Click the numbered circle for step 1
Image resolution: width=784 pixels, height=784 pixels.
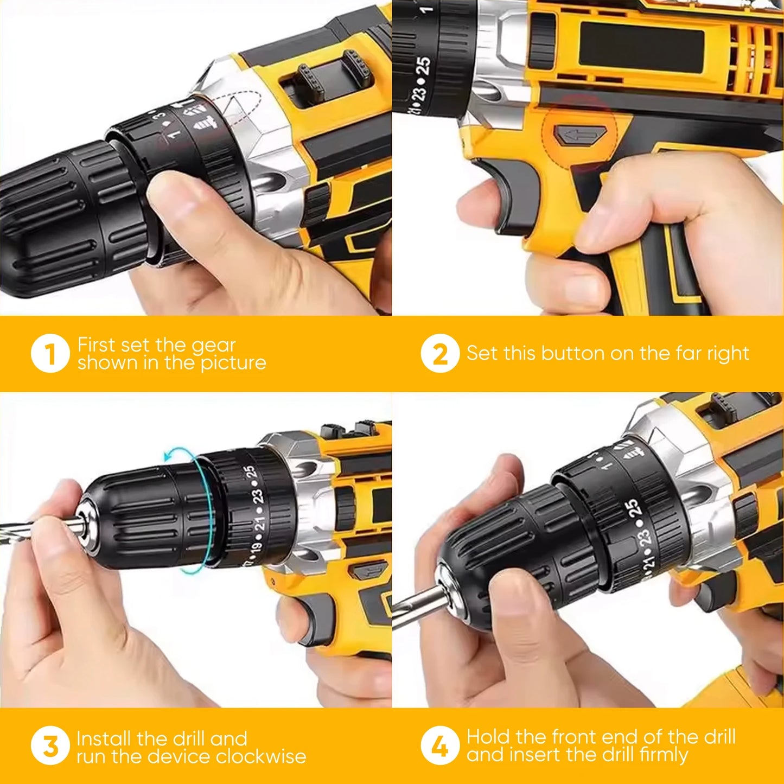pyautogui.click(x=50, y=354)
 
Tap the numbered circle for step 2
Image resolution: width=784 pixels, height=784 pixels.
pyautogui.click(x=440, y=354)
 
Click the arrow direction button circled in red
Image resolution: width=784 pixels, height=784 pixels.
pyautogui.click(x=581, y=135)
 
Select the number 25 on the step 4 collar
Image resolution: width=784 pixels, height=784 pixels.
pyautogui.click(x=633, y=508)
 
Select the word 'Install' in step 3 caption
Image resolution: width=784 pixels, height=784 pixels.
pyautogui.click(x=104, y=738)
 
